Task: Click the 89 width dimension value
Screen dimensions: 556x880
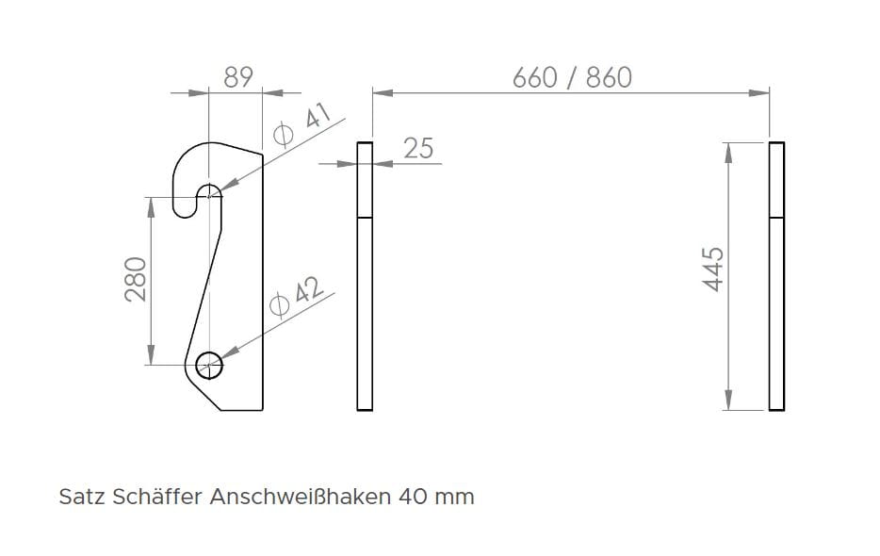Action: (x=238, y=76)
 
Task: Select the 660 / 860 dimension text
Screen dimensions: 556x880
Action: (x=571, y=77)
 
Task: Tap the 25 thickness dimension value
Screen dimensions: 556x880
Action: (x=418, y=148)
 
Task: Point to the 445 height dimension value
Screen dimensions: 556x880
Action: (x=712, y=270)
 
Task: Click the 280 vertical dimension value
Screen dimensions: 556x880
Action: (x=137, y=279)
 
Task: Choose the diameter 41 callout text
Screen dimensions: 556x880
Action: (x=301, y=126)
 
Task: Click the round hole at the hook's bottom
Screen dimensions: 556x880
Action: (x=210, y=364)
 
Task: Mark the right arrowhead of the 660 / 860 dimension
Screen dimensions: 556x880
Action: (x=760, y=92)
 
